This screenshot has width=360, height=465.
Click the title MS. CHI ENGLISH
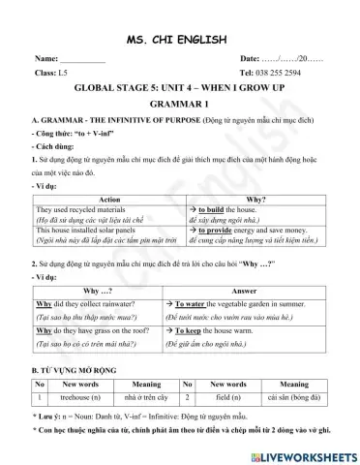[179, 40]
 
